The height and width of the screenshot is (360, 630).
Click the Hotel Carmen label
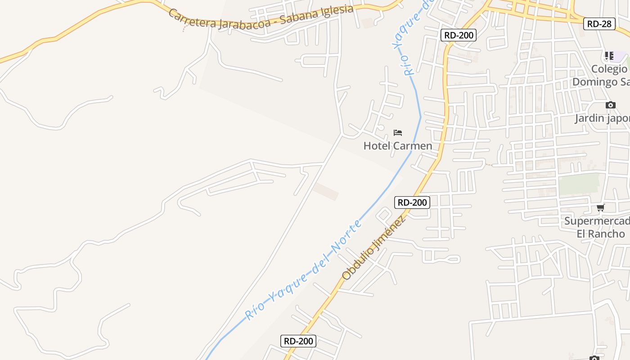pyautogui.click(x=397, y=146)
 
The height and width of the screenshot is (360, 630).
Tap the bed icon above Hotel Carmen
pyautogui.click(x=397, y=132)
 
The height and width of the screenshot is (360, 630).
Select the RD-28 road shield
pyautogui.click(x=599, y=24)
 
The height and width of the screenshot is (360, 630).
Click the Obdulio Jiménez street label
pyautogui.click(x=373, y=247)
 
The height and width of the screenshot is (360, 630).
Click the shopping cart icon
pyautogui.click(x=600, y=207)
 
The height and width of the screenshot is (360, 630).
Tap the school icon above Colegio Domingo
pyautogui.click(x=609, y=56)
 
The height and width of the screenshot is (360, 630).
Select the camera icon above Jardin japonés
pyautogui.click(x=610, y=105)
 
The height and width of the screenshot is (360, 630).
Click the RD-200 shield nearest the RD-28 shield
pyautogui.click(x=458, y=35)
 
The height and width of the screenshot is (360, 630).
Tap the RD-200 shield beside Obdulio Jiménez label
pyautogui.click(x=412, y=202)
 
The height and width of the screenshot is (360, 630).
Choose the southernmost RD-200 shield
pyautogui.click(x=298, y=341)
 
